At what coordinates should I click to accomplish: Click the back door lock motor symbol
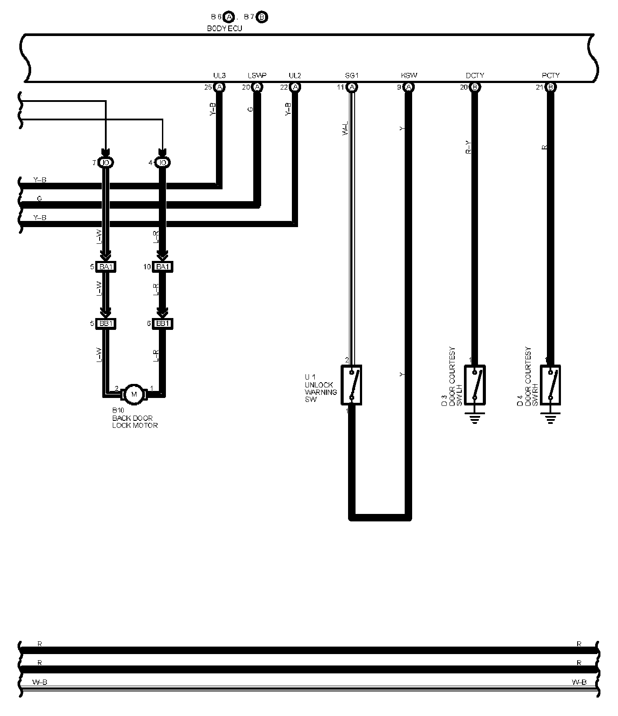click(134, 394)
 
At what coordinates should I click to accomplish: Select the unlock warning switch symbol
click(352, 385)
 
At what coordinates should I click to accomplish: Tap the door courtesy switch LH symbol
click(474, 384)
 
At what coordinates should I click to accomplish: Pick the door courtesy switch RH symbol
click(550, 384)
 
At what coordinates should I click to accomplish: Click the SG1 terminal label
click(352, 76)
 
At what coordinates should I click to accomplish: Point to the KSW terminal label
click(409, 76)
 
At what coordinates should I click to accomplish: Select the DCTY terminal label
click(474, 76)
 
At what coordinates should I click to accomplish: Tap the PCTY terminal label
click(550, 76)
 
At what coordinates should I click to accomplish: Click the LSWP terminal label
click(257, 76)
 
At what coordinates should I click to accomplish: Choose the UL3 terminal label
click(219, 76)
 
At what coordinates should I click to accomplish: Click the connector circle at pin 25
click(219, 87)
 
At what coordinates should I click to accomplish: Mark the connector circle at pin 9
click(409, 87)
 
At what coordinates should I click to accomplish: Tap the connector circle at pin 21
click(550, 87)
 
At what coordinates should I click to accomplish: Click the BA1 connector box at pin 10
click(162, 267)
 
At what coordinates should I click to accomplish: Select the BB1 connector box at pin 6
click(162, 324)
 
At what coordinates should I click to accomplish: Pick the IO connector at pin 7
click(105, 163)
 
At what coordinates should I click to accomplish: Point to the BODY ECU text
click(224, 29)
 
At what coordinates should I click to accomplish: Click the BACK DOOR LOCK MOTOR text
click(135, 422)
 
